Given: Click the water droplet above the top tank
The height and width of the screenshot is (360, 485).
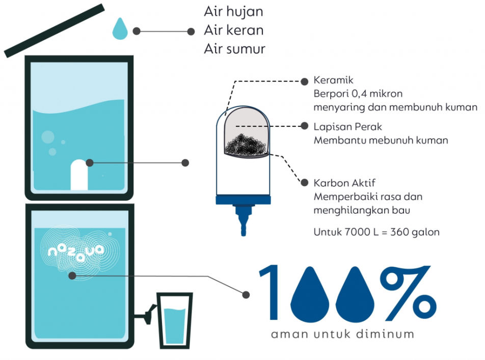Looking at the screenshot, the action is click(120, 29).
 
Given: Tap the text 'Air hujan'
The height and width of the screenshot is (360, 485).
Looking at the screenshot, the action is click(233, 12).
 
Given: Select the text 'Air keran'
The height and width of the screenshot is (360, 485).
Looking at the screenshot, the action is click(233, 31).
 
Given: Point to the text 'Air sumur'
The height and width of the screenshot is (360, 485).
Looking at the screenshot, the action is click(234, 49).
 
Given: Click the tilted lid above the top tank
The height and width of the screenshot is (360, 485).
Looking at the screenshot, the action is click(54, 31).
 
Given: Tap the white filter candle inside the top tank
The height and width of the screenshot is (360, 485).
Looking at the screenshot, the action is click(79, 175).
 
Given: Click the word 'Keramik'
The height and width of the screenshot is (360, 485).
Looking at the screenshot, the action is click(333, 80).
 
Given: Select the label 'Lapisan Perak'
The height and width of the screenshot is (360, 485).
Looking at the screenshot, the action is click(347, 127).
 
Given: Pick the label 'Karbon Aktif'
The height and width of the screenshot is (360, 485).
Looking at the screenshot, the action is click(344, 183).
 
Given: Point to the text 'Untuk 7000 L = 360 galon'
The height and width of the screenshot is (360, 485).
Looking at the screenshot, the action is click(376, 232).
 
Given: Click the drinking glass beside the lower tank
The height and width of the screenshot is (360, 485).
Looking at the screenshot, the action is click(175, 320).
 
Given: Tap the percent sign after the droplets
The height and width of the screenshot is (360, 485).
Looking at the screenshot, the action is click(408, 293).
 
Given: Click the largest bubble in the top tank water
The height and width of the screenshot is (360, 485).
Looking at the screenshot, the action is click(48, 137).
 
